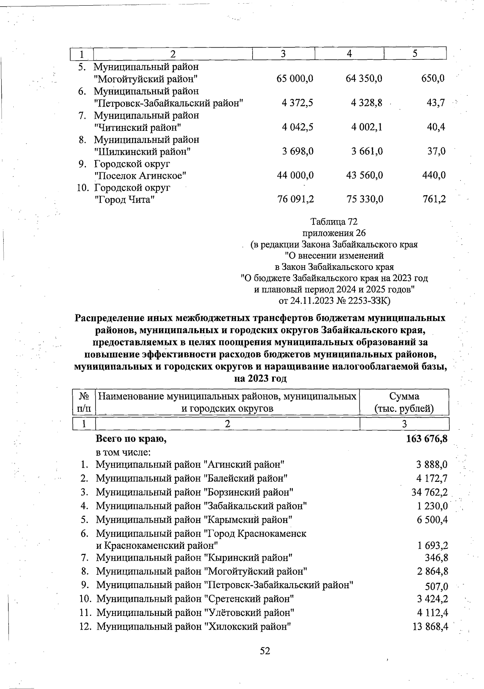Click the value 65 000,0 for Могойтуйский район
[x=295, y=78]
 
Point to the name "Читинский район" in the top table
[x=137, y=128]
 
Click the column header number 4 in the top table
[x=349, y=53]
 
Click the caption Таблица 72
[x=334, y=222]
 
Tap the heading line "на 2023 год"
[x=261, y=379]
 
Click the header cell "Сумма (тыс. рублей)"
[x=404, y=402]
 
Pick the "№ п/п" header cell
[x=84, y=402]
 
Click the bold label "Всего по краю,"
[x=131, y=439]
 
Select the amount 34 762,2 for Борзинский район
[x=429, y=492]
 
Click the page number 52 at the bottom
[x=265, y=651]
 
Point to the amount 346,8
[x=436, y=558]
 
